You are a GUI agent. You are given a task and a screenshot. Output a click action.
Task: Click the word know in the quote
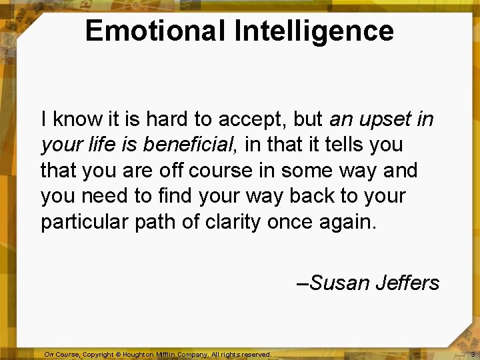(x=75, y=120)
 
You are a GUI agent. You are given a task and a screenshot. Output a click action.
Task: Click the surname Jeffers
(x=407, y=283)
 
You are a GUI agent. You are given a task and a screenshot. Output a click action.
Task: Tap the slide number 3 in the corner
(x=472, y=355)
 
